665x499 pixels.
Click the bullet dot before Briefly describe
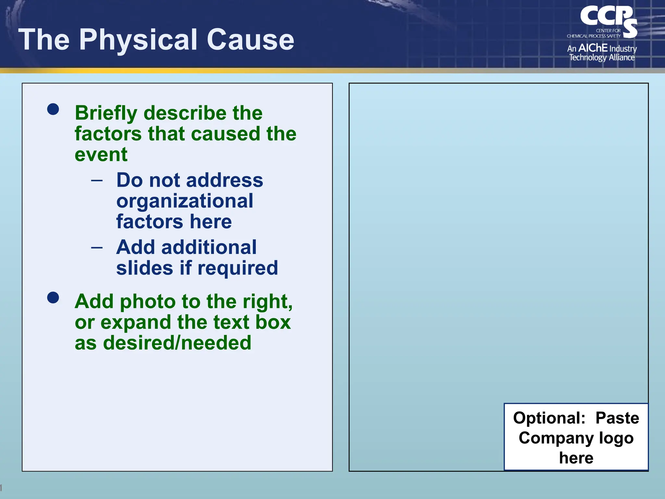click(x=53, y=109)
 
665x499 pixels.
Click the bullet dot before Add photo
click(x=53, y=297)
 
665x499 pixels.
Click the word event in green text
click(x=101, y=155)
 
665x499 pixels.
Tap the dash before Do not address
click(x=97, y=180)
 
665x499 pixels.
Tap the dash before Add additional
click(x=97, y=248)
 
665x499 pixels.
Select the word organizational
click(x=184, y=201)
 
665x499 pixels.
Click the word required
click(x=238, y=268)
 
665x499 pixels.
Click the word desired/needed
click(x=177, y=343)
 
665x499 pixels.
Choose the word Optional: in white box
click(x=549, y=418)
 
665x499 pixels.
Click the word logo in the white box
click(x=616, y=438)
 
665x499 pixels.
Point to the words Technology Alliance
click(x=602, y=58)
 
